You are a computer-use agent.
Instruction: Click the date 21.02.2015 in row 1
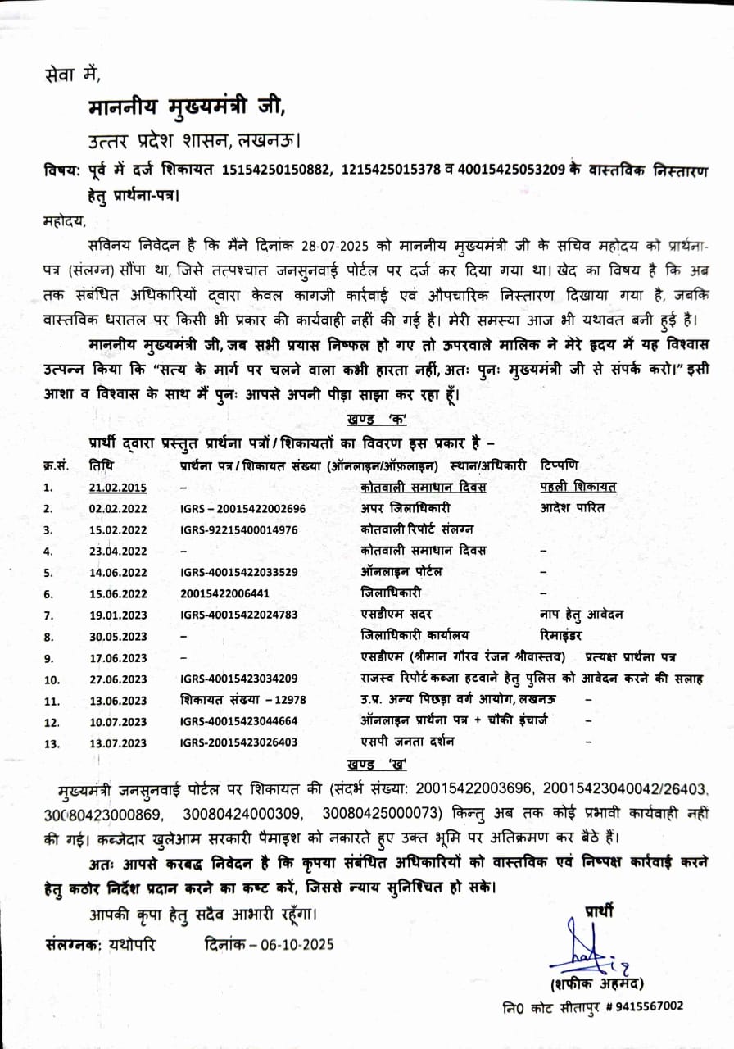(118, 488)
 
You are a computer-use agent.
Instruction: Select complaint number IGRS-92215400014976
(238, 529)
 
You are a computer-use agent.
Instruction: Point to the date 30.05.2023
(118, 636)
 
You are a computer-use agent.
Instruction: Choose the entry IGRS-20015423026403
(238, 742)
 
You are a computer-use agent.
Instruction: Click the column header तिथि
(102, 465)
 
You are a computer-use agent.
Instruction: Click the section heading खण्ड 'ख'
(378, 764)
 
